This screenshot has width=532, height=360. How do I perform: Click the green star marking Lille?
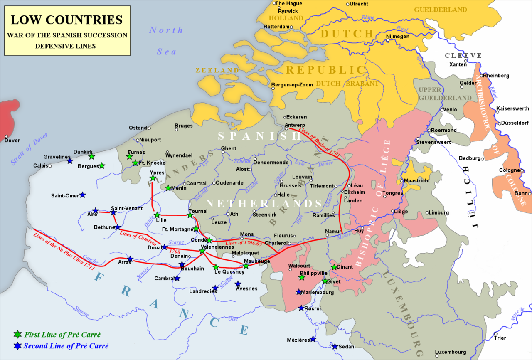[x=157, y=215]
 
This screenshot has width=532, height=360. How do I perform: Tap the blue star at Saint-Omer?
[x=83, y=195]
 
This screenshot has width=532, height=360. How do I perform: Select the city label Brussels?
[x=291, y=185]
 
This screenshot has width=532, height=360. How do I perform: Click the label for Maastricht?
[x=417, y=181]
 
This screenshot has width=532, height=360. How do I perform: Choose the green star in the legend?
[x=17, y=334]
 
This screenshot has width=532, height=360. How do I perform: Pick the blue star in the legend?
[x=17, y=345]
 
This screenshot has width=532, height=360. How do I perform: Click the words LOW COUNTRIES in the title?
[x=66, y=20]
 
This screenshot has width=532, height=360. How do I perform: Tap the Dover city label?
[x=12, y=140]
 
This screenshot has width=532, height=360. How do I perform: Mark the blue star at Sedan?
[x=335, y=346]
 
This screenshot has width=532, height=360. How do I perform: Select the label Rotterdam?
[x=276, y=27]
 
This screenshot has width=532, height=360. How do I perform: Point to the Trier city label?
[x=500, y=338]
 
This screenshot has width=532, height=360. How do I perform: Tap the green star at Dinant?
[x=334, y=267]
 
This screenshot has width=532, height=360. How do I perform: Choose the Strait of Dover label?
[x=30, y=149]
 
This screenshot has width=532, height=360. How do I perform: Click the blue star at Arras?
[x=130, y=259]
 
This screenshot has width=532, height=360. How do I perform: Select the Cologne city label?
[x=510, y=170]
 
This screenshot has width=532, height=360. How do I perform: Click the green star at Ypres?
[x=153, y=178]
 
